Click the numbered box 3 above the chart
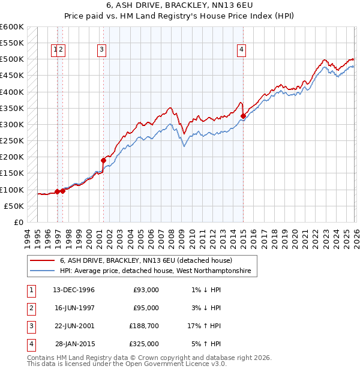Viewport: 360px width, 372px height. [x=102, y=50]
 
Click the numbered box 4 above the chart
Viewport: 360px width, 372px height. [x=241, y=50]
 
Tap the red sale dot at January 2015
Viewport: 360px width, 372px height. [x=243, y=116]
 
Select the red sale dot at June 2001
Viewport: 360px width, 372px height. [x=103, y=160]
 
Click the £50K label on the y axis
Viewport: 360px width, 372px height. [x=14, y=206]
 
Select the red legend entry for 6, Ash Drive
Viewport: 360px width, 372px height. [x=150, y=261]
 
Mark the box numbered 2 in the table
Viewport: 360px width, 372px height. [x=31, y=308]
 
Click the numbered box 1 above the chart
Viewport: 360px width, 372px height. [x=55, y=50]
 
